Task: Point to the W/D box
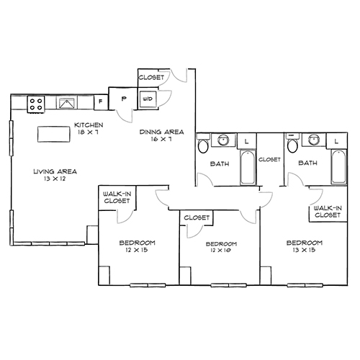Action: pos(147,99)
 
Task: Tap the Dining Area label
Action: pos(161,132)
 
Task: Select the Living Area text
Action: pos(55,171)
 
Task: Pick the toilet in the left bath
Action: pos(204,147)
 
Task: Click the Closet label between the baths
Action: pos(269,159)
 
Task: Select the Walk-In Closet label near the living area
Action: pos(117,197)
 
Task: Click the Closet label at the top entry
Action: pos(152,76)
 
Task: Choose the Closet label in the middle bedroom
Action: pos(197,217)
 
